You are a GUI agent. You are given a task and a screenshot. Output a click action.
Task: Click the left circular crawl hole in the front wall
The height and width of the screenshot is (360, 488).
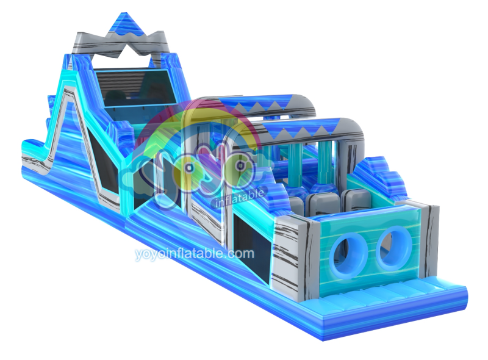(348, 256)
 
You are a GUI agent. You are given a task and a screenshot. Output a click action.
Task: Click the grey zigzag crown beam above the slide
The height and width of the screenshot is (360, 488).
(121, 43)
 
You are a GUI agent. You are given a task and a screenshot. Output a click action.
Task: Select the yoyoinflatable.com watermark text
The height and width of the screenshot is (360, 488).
(195, 254)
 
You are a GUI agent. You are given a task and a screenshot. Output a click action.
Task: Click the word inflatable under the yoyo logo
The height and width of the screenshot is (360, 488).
(240, 198)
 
